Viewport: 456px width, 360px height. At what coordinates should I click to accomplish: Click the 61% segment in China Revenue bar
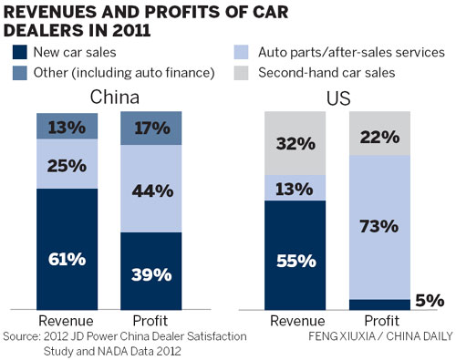coord(67,259)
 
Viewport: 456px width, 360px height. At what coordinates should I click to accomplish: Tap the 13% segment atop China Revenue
coord(67,127)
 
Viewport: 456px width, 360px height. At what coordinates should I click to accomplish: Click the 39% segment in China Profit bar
coord(150,273)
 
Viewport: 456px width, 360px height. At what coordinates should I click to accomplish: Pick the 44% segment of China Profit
coord(150,190)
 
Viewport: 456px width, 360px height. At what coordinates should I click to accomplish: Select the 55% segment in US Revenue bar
coord(295,259)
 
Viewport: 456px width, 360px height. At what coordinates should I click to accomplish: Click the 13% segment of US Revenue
coord(295,189)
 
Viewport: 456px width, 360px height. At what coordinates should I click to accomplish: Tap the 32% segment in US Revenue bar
coord(295,144)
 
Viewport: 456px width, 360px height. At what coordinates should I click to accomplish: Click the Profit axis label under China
coord(150,321)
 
